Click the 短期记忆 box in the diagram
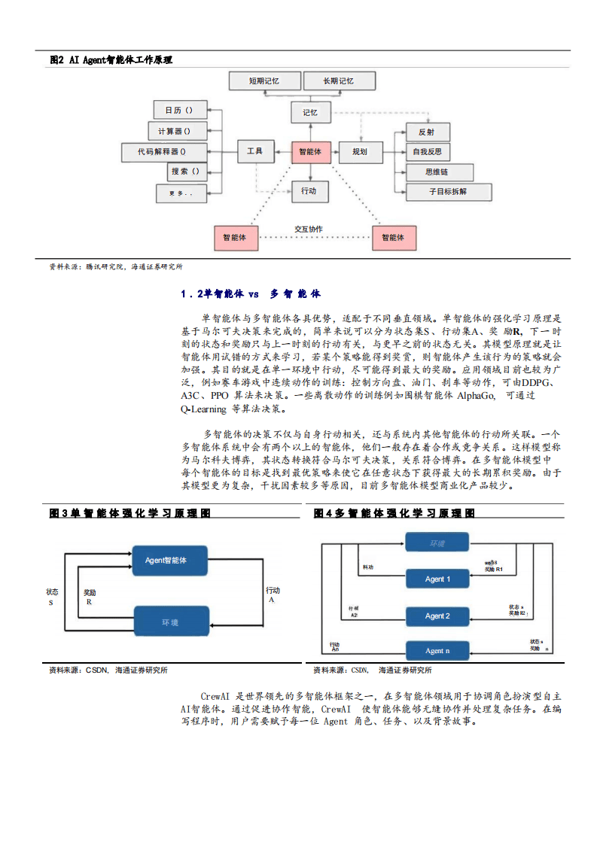click(x=263, y=81)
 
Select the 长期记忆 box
click(x=338, y=81)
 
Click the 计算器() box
click(x=174, y=131)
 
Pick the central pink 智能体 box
click(x=309, y=152)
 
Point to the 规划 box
click(x=360, y=152)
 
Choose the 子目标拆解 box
click(x=448, y=192)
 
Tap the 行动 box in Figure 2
click(x=309, y=191)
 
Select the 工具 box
click(x=254, y=151)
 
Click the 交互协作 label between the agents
click(x=309, y=229)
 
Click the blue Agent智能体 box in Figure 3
click(x=166, y=561)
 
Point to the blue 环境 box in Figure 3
click(x=170, y=622)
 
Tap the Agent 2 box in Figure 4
click(x=437, y=616)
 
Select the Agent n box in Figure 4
click(x=437, y=651)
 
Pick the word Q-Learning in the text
click(x=205, y=409)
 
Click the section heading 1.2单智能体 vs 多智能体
click(x=251, y=294)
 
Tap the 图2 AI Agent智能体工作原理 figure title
click(x=111, y=59)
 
